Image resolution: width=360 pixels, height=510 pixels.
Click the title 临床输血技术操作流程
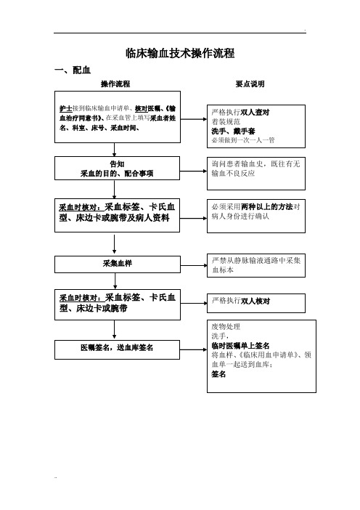pyautogui.click(x=180, y=53)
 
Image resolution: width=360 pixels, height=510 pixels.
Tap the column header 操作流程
pyautogui.click(x=115, y=84)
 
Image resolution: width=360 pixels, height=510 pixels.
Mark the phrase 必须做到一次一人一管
pyautogui.click(x=242, y=141)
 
